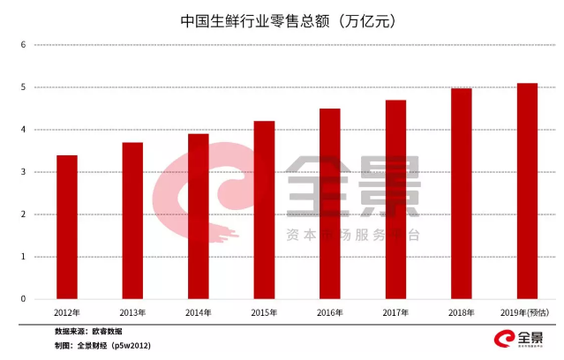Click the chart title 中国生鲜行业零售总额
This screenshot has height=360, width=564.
(x=282, y=19)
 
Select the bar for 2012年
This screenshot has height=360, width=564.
(x=67, y=227)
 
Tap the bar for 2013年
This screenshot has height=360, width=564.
(x=132, y=221)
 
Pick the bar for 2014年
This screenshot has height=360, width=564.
(x=198, y=216)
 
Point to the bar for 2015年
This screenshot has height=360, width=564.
(x=264, y=210)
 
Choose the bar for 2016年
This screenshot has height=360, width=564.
(x=329, y=204)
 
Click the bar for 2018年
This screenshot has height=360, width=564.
(x=461, y=193)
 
